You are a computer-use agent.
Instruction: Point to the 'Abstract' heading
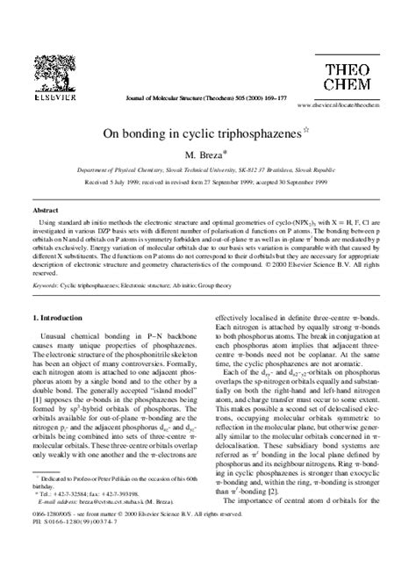pos(45,211)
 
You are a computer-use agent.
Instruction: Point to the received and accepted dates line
pos(208,187)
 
